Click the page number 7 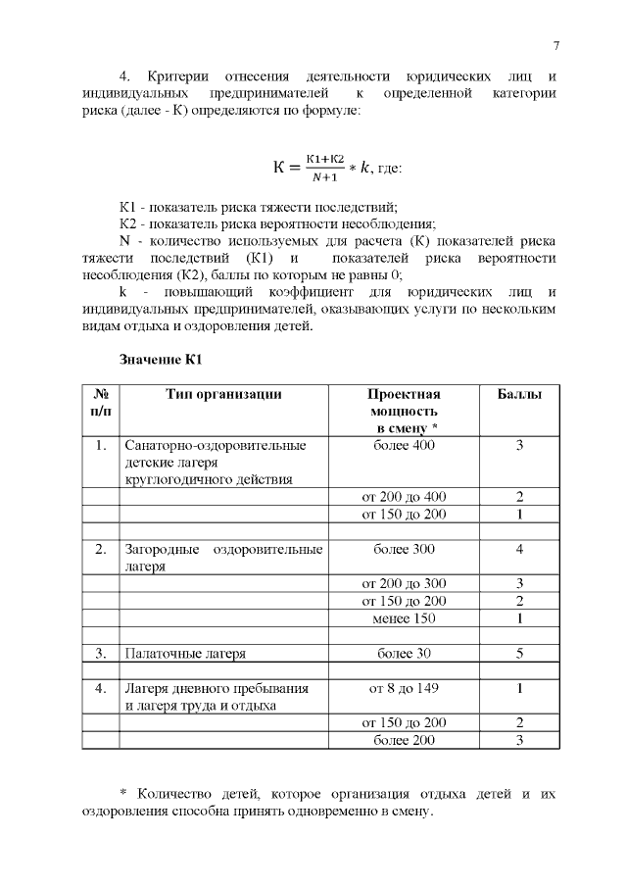tap(555, 45)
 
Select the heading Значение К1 tap(160, 360)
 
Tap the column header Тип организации tap(223, 394)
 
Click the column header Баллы tap(519, 394)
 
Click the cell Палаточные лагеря tap(184, 653)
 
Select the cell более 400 tap(404, 445)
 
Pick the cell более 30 tap(404, 653)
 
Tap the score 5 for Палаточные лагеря tap(519, 653)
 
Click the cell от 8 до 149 tap(404, 688)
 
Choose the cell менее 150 tap(404, 618)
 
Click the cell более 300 tap(404, 549)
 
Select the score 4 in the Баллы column tap(519, 549)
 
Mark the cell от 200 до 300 tap(404, 583)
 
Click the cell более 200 tap(404, 740)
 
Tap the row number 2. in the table tap(100, 549)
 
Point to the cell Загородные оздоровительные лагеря tap(223, 557)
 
